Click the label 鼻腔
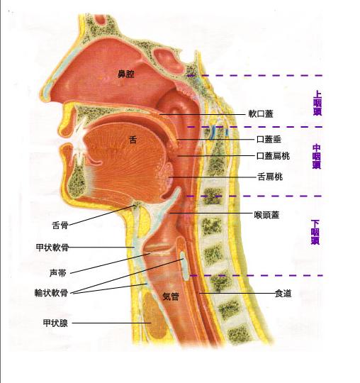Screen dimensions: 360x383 [126, 74]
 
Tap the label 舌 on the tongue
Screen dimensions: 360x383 [133, 140]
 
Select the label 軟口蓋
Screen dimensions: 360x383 [261, 113]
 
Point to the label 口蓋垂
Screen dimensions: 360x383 [269, 139]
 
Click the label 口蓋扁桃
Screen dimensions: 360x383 [273, 155]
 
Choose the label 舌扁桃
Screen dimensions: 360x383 [270, 177]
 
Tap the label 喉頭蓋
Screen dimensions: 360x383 [266, 215]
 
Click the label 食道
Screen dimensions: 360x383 [283, 294]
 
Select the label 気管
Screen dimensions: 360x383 [171, 296]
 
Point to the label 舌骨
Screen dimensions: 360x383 [60, 225]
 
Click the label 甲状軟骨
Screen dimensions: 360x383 [52, 248]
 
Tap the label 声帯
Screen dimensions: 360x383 [58, 273]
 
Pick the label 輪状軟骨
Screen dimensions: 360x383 [51, 293]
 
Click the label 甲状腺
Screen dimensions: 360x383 [55, 323]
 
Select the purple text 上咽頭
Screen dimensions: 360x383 [317, 103]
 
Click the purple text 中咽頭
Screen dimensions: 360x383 [317, 157]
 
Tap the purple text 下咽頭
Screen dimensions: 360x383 [315, 232]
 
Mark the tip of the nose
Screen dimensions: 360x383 [42, 94]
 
